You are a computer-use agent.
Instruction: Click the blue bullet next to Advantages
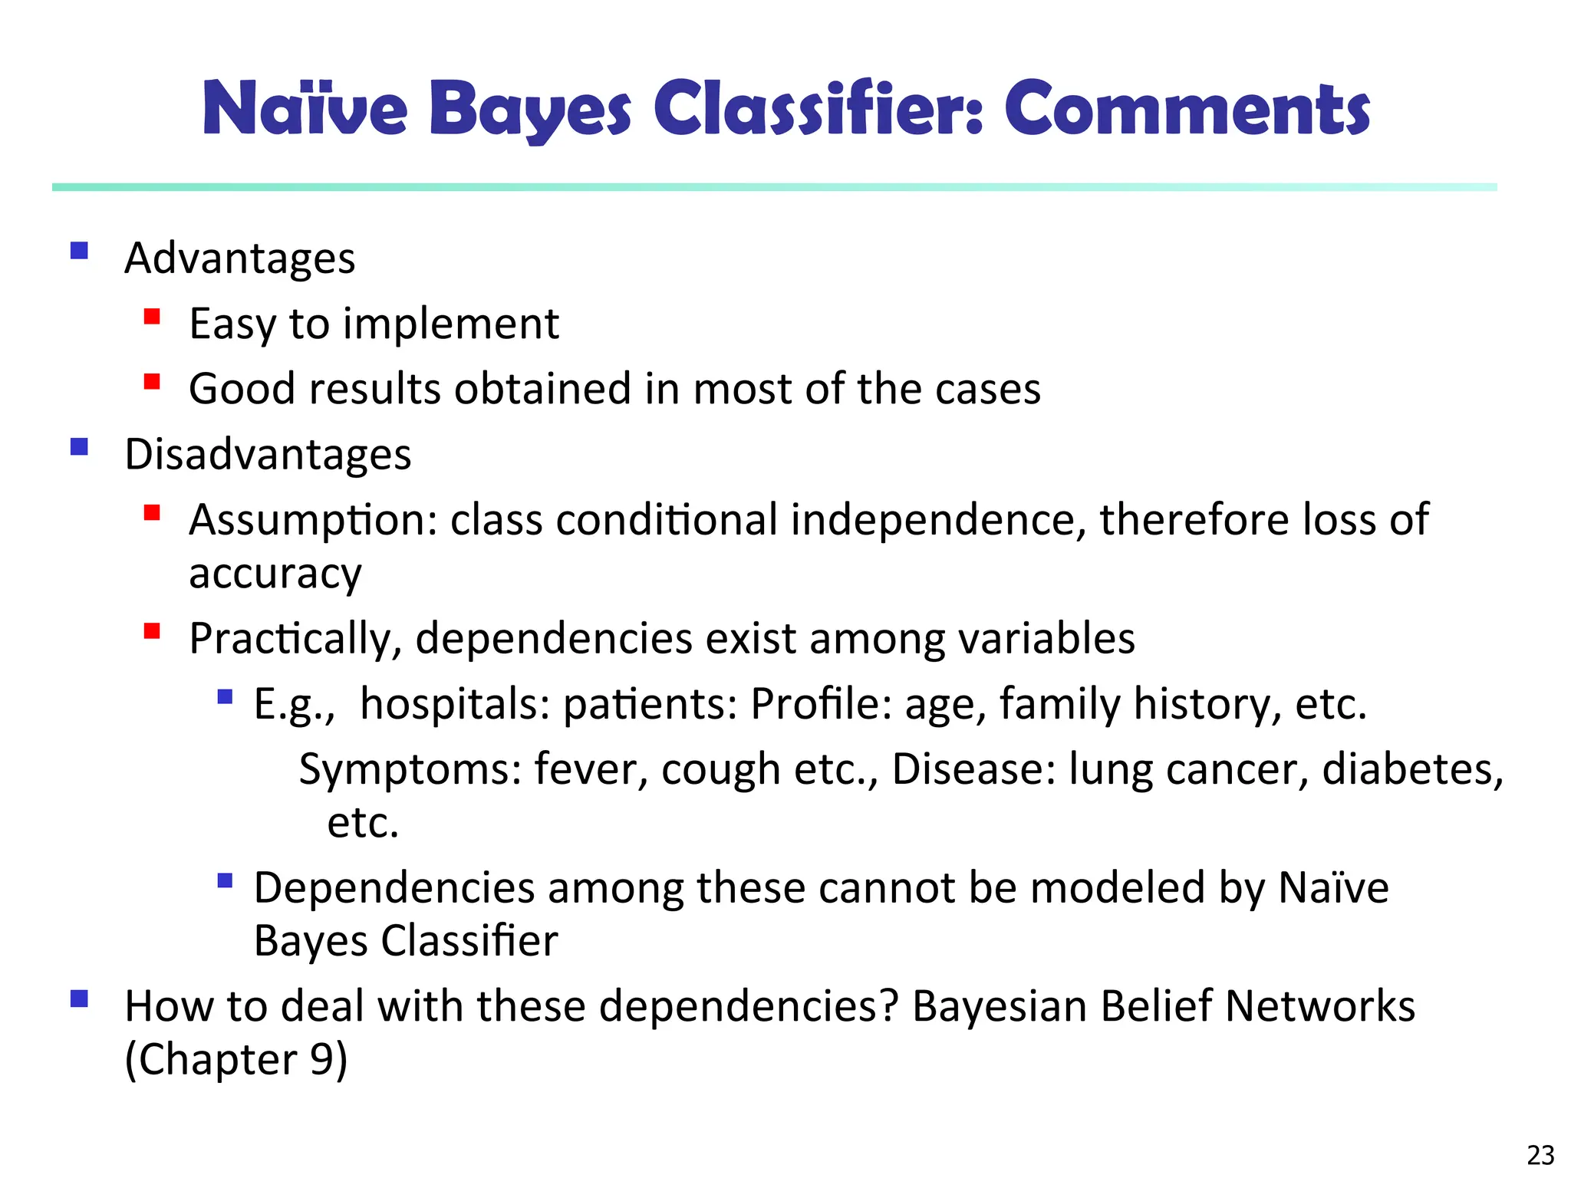coord(79,251)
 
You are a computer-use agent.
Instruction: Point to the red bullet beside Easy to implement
coord(152,317)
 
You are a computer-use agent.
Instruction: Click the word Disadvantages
coord(268,454)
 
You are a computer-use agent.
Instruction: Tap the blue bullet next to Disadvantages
coord(79,446)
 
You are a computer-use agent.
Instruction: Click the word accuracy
coord(275,574)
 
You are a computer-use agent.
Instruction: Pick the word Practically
coord(295,638)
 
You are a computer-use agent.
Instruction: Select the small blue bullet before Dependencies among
coord(225,880)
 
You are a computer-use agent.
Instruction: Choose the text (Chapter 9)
coord(236,1060)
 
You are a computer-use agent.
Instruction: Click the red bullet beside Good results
coord(152,382)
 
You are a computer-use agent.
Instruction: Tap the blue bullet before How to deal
coord(79,999)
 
